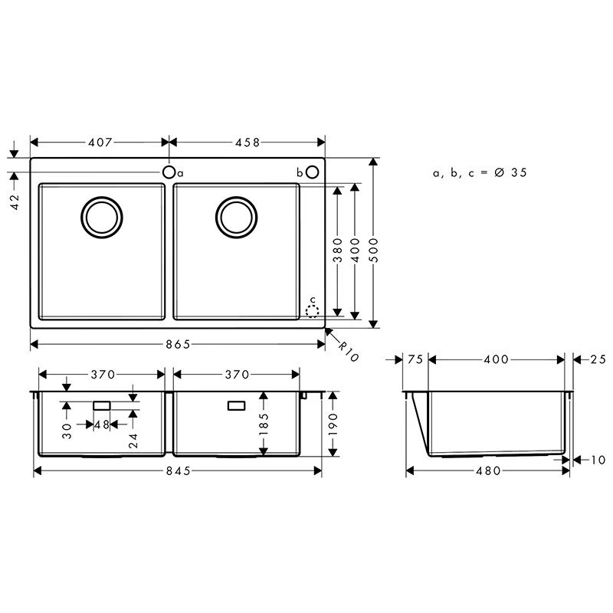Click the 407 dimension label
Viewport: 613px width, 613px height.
tap(100, 143)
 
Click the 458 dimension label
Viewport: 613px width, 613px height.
tap(247, 143)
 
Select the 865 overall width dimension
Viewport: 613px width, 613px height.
tap(178, 344)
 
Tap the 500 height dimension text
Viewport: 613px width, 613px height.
tap(373, 250)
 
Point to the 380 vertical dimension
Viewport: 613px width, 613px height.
tap(337, 250)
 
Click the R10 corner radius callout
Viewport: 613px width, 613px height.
tap(348, 352)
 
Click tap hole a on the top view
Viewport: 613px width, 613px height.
tap(169, 172)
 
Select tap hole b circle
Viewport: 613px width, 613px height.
tap(313, 172)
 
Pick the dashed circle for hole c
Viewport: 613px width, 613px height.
tap(312, 311)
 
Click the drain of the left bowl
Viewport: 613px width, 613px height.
tap(102, 218)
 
